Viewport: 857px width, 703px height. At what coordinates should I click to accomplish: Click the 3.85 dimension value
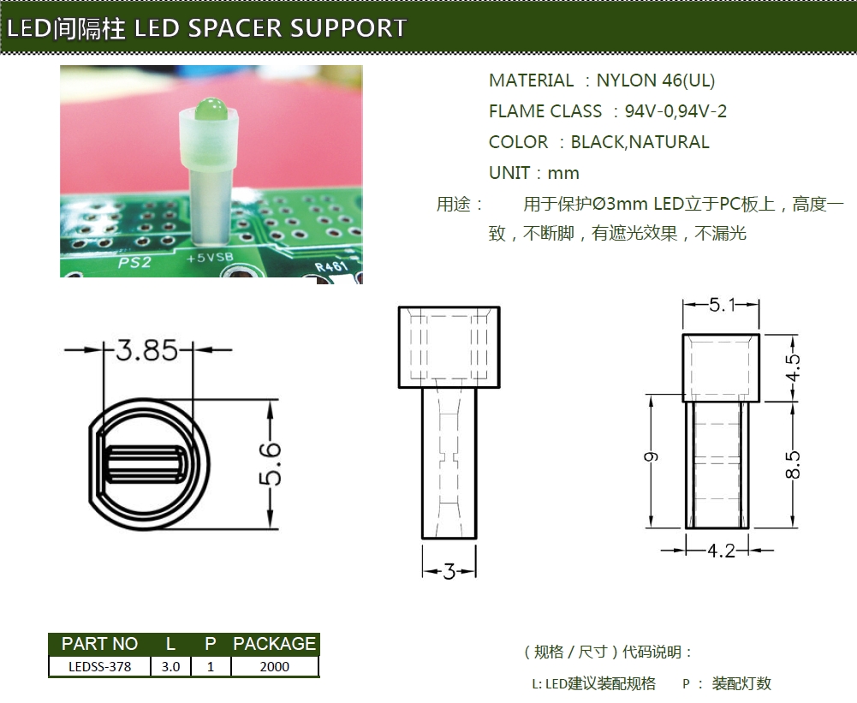[147, 350]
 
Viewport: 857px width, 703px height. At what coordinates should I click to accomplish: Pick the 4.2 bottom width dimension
[721, 551]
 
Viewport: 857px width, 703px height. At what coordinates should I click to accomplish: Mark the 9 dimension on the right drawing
[652, 458]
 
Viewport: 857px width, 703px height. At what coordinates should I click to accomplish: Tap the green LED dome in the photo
[208, 110]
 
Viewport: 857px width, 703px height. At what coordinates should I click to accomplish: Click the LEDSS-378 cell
[99, 666]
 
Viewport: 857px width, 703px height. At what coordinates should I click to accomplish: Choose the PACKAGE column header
[274, 644]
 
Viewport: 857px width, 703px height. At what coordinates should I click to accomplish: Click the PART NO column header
[99, 644]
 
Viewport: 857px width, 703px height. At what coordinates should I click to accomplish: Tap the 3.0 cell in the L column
[170, 666]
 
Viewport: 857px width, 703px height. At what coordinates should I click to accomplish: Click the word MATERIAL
[531, 80]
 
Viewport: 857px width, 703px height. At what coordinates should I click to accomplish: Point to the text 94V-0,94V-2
[675, 111]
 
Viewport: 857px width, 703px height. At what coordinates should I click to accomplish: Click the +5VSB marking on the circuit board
[210, 256]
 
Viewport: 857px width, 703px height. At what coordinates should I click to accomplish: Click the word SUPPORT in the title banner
[348, 28]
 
